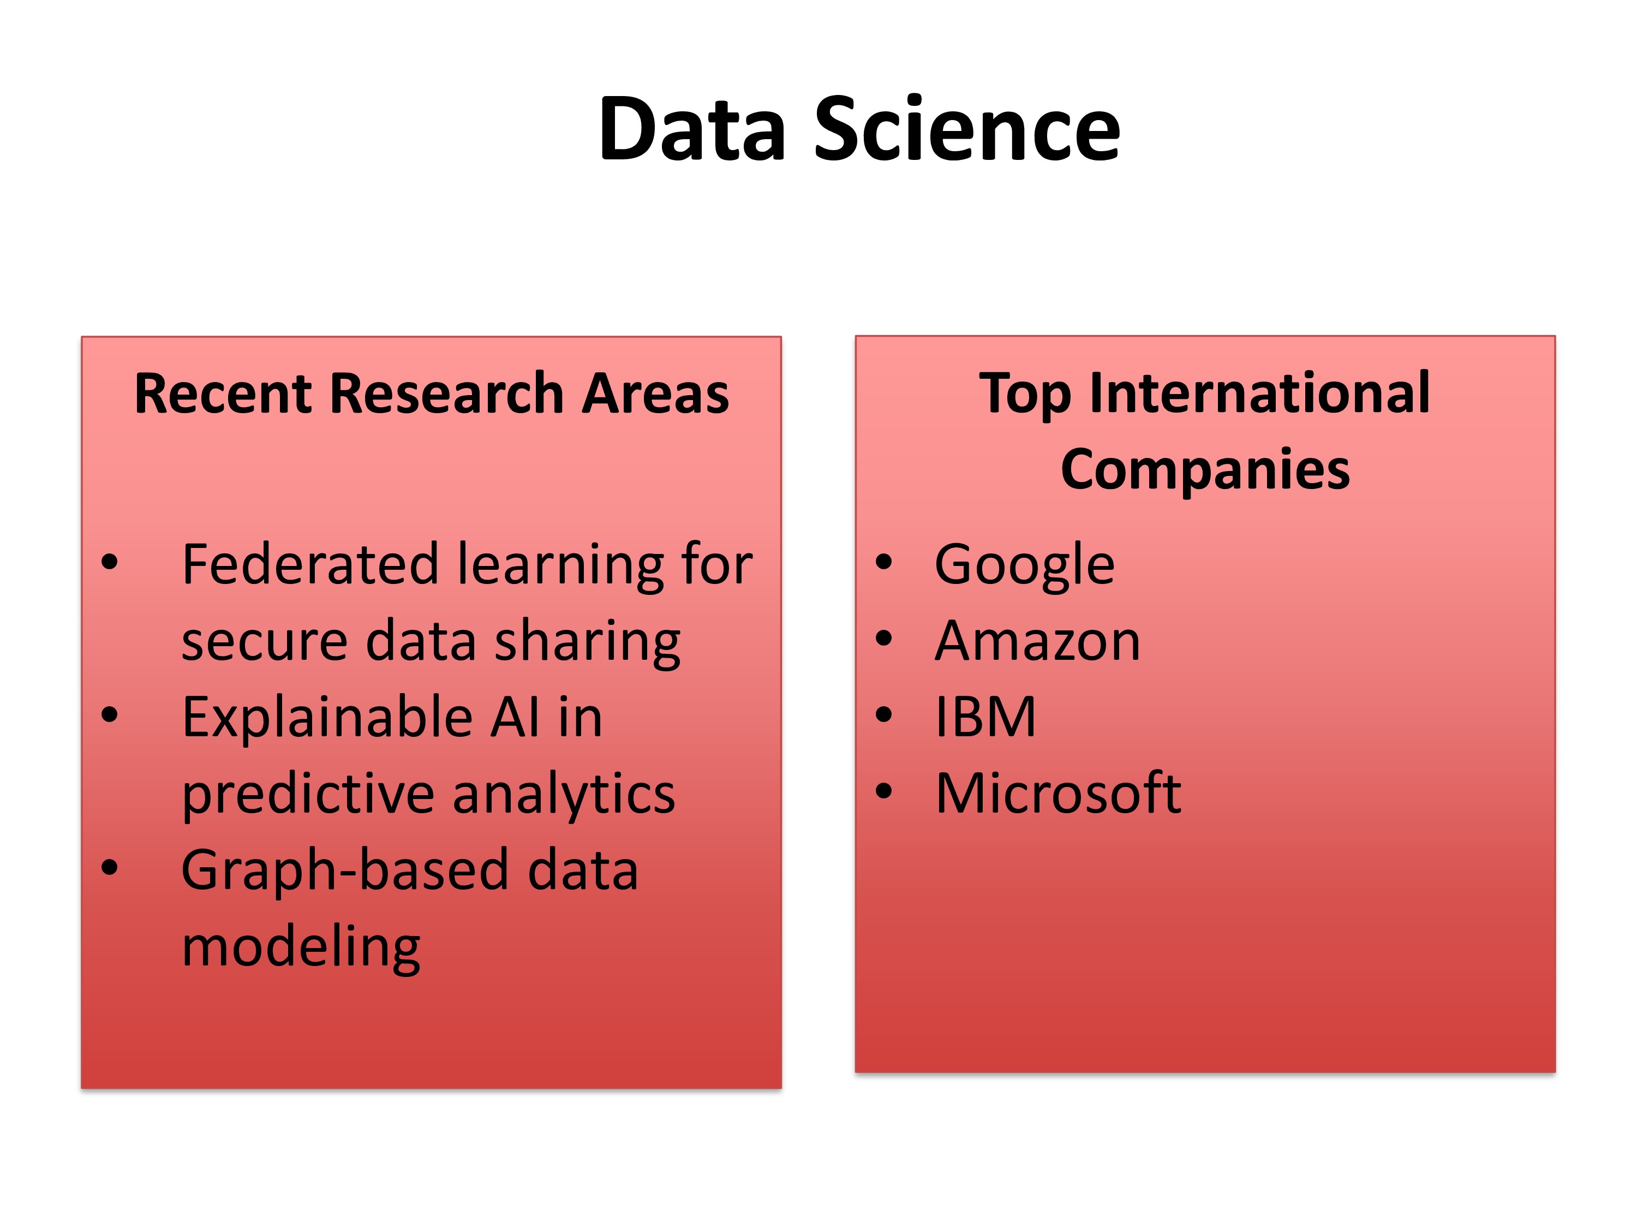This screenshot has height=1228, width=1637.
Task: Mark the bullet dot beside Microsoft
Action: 883,791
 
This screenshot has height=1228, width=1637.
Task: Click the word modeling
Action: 301,948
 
